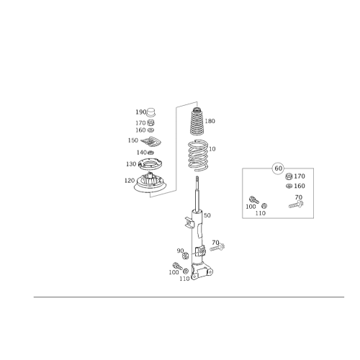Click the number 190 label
(x=141, y=112)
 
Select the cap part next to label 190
(x=150, y=112)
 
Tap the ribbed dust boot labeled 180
(x=197, y=122)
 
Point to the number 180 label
(x=210, y=121)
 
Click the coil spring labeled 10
(x=198, y=156)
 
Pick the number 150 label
(x=133, y=140)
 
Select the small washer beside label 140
(x=150, y=153)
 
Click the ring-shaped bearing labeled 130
(x=150, y=165)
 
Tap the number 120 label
(x=130, y=181)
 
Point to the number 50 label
(x=207, y=215)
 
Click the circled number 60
(x=278, y=168)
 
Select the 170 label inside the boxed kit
(x=300, y=176)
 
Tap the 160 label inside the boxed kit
(x=300, y=186)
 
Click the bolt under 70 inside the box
(x=296, y=204)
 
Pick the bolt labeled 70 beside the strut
(x=217, y=247)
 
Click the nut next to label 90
(x=186, y=256)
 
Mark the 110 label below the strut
(x=184, y=279)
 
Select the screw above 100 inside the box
(x=254, y=199)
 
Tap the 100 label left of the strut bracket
(x=174, y=272)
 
